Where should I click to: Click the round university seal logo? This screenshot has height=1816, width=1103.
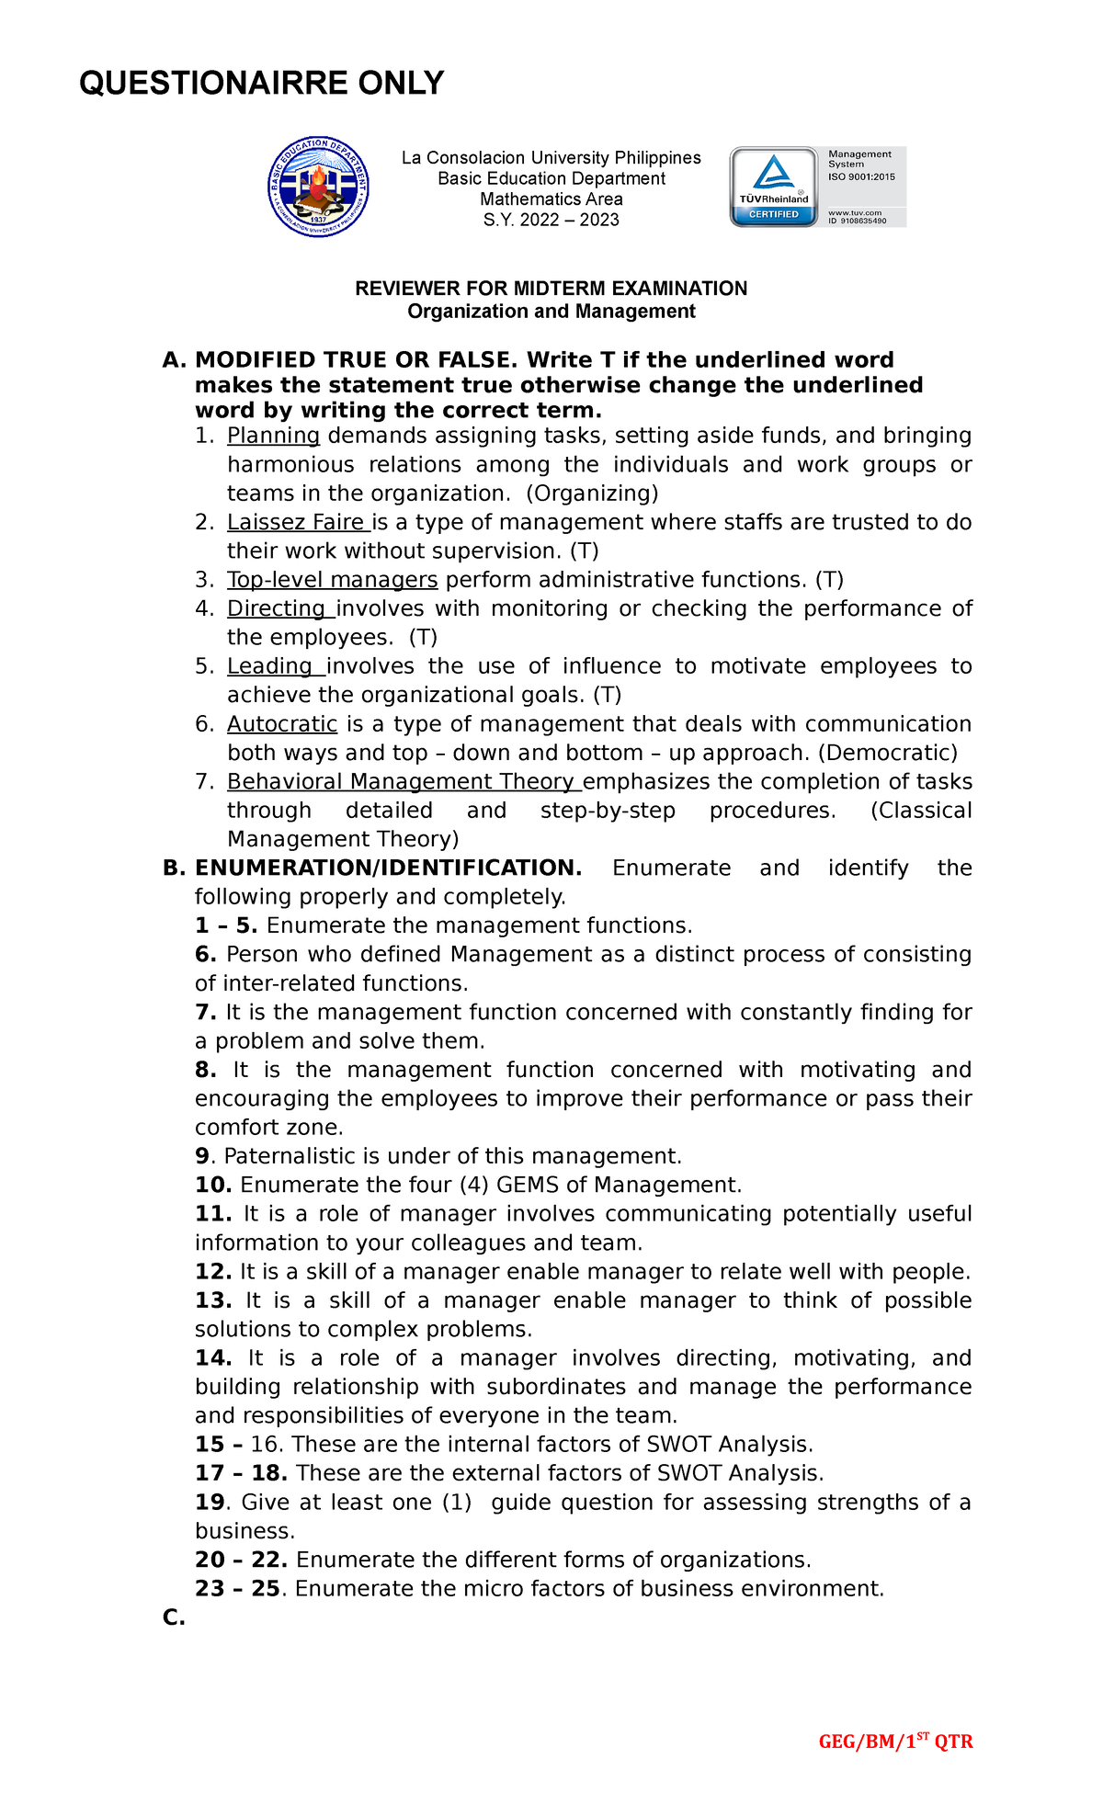pyautogui.click(x=318, y=187)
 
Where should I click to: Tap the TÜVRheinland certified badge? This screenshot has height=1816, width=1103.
pyautogui.click(x=774, y=187)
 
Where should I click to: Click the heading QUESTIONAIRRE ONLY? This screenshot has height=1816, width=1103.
pyautogui.click(x=262, y=83)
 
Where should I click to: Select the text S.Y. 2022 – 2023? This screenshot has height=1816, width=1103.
pyautogui.click(x=551, y=220)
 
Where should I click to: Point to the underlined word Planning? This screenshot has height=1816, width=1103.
pyautogui.click(x=273, y=436)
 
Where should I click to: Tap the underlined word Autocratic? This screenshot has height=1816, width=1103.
pyautogui.click(x=282, y=724)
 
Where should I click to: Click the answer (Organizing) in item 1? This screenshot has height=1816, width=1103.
pyautogui.click(x=592, y=494)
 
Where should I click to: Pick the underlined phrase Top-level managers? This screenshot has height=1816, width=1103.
pyautogui.click(x=332, y=580)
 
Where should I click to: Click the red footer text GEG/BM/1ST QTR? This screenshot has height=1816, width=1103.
pyautogui.click(x=895, y=1742)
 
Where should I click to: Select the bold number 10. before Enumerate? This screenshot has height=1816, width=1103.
pyautogui.click(x=212, y=1185)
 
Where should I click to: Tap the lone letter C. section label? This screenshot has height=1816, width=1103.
pyautogui.click(x=174, y=1617)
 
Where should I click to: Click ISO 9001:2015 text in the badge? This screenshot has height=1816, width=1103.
pyautogui.click(x=861, y=176)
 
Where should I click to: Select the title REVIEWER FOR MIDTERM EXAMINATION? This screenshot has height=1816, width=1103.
pyautogui.click(x=551, y=289)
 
